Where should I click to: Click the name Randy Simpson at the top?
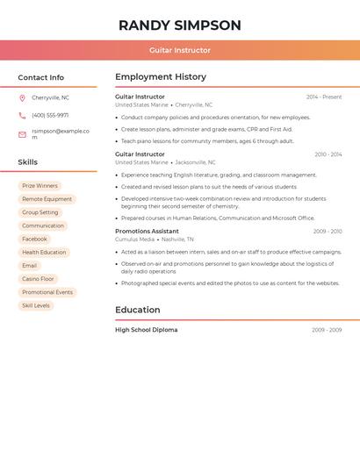[180, 25]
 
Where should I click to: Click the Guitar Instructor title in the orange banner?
[180, 50]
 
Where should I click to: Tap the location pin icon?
[22, 97]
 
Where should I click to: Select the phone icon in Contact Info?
[22, 115]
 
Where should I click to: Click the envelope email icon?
[22, 134]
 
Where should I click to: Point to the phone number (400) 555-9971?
[50, 115]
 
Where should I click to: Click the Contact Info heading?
[40, 77]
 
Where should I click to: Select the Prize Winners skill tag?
[40, 186]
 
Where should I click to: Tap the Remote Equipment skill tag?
[47, 199]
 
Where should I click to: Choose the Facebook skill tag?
[34, 239]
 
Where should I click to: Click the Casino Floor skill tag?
[38, 279]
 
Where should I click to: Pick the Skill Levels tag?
[36, 305]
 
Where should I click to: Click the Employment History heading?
[161, 77]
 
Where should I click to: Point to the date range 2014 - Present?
[324, 97]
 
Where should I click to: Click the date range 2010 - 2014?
[328, 154]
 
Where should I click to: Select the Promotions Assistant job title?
[147, 231]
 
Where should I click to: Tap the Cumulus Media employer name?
[134, 240]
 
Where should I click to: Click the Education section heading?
[138, 310]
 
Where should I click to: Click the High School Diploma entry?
[146, 330]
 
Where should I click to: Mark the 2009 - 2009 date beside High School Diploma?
[327, 330]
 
